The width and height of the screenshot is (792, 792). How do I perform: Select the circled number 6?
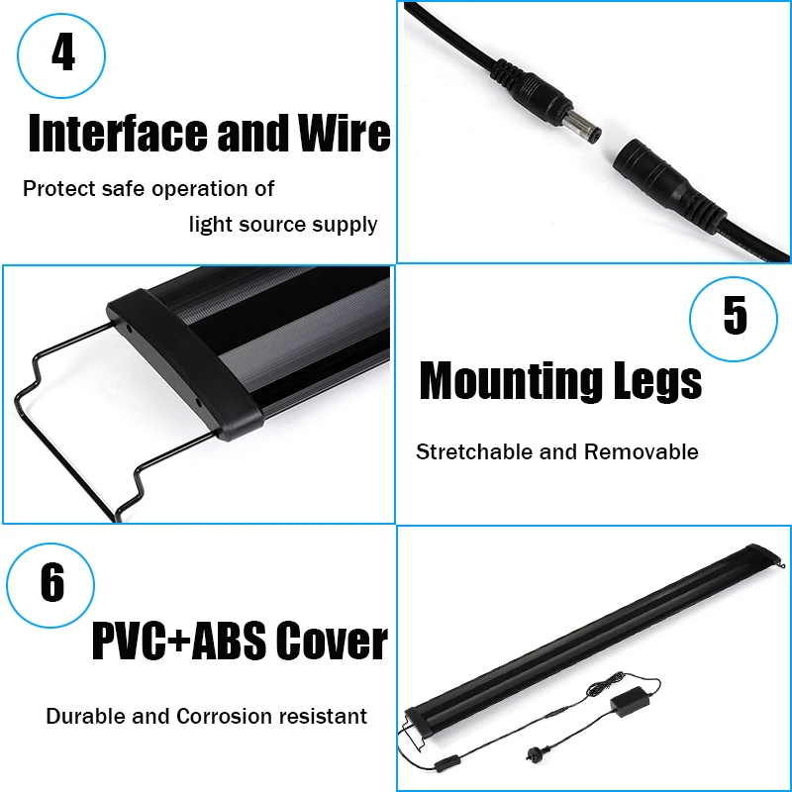pyautogui.click(x=51, y=583)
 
